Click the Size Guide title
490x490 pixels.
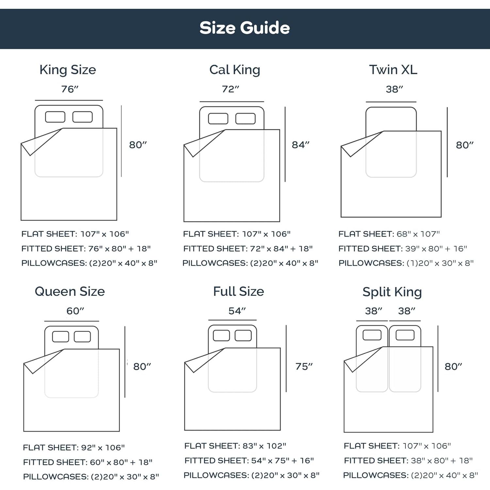(245, 28)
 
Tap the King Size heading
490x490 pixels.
(68, 70)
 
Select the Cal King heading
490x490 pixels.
(235, 70)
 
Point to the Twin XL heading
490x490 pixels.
(393, 70)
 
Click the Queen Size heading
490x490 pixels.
(70, 291)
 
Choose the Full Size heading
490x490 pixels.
(238, 291)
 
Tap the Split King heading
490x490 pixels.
(392, 292)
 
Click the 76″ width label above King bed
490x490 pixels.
(70, 89)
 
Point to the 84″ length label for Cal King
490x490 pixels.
(301, 145)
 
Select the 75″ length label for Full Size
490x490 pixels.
(304, 367)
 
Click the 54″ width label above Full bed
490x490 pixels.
(237, 311)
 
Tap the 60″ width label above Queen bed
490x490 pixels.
(75, 311)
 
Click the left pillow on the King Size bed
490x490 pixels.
(55, 117)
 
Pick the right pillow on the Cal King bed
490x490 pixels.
(245, 119)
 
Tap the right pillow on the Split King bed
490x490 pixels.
(405, 335)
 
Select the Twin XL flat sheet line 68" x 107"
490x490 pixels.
(389, 234)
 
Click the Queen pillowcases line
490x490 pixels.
(91, 477)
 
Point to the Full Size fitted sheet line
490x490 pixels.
(249, 461)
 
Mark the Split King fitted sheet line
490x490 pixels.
(408, 461)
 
